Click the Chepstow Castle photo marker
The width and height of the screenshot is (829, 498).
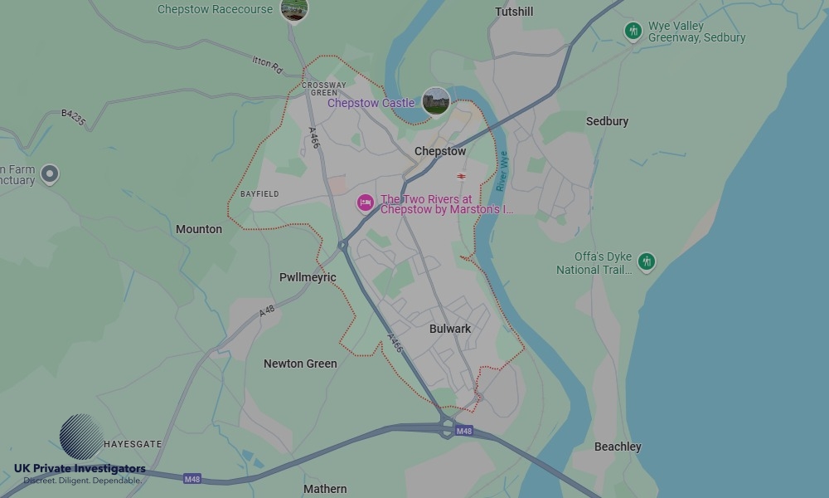pyautogui.click(x=436, y=102)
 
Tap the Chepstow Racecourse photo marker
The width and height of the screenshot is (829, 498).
pyautogui.click(x=294, y=9)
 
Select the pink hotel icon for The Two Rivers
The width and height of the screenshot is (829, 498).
pyautogui.click(x=366, y=203)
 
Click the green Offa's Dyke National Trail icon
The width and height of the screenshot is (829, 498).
pyautogui.click(x=647, y=262)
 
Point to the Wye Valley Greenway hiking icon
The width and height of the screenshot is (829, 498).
pyautogui.click(x=633, y=32)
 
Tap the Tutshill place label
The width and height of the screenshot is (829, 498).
pyautogui.click(x=514, y=12)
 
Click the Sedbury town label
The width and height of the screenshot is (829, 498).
pyautogui.click(x=607, y=121)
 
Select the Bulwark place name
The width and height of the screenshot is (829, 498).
pyautogui.click(x=450, y=329)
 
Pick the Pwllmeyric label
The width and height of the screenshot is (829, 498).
pyautogui.click(x=308, y=277)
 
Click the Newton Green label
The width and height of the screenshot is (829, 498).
pyautogui.click(x=300, y=364)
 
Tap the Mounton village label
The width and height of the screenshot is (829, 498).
pyautogui.click(x=199, y=229)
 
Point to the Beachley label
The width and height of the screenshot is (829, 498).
pyautogui.click(x=618, y=447)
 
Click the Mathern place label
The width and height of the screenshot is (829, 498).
pyautogui.click(x=325, y=489)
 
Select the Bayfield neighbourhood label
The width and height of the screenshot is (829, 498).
pyautogui.click(x=259, y=194)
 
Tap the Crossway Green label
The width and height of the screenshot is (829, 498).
pyautogui.click(x=324, y=89)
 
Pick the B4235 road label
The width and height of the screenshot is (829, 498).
pyautogui.click(x=74, y=118)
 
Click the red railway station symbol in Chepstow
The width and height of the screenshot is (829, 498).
pyautogui.click(x=461, y=176)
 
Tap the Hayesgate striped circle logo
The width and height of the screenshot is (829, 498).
pyautogui.click(x=81, y=437)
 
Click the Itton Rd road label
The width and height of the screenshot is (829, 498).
pyautogui.click(x=268, y=61)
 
